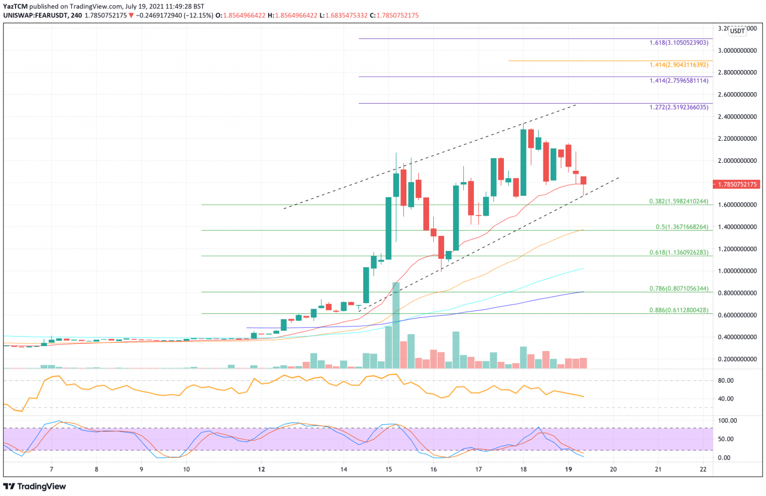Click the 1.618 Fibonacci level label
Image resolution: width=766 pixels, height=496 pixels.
point(679,43)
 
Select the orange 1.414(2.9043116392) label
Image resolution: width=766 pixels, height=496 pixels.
point(679,65)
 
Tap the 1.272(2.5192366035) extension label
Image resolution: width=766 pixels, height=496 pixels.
point(679,108)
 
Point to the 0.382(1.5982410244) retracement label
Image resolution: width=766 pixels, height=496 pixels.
point(679,201)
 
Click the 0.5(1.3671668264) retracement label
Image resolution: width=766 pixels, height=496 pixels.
point(681,227)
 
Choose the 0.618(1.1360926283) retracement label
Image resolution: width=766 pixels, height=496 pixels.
point(679,253)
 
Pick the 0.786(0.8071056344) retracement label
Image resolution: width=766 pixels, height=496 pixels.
point(679,288)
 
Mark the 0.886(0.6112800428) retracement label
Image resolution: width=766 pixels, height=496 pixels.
point(679,310)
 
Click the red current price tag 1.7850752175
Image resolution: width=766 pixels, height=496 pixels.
point(738,185)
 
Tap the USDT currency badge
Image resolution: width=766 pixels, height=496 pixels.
point(738,31)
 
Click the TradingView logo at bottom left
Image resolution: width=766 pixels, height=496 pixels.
point(35,486)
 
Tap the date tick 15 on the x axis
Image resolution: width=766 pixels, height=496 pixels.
point(388,469)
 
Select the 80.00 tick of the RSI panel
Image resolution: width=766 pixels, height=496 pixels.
point(725,380)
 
